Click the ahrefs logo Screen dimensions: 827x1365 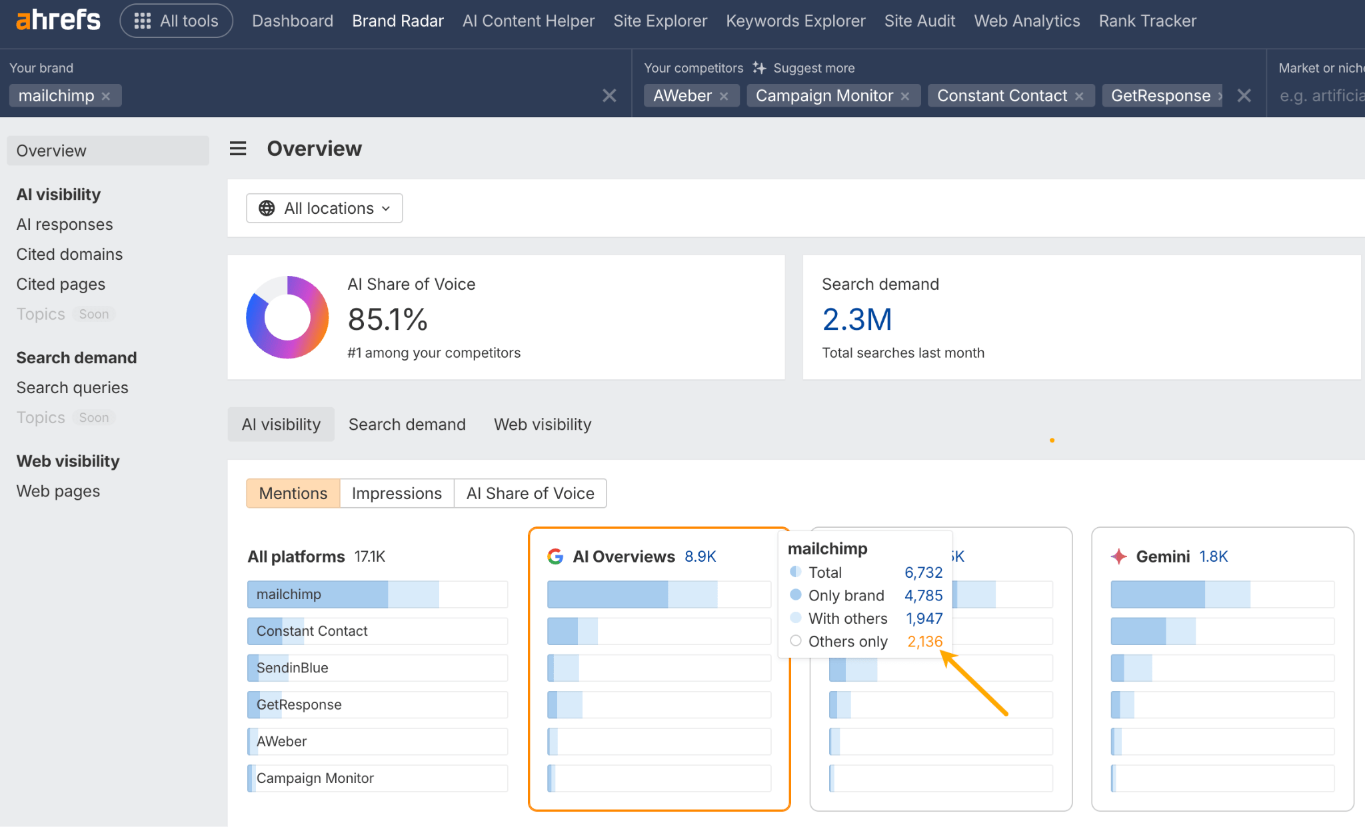coord(58,20)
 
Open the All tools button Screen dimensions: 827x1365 coord(176,21)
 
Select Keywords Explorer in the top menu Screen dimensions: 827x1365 coord(795,21)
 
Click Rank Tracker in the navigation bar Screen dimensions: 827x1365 coord(1147,21)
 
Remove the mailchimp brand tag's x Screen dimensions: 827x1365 coord(106,96)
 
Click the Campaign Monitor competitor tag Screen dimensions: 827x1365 coord(824,96)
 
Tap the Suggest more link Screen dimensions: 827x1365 coord(813,68)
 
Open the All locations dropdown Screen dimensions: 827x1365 coord(325,209)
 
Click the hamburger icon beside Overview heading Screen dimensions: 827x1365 coord(238,149)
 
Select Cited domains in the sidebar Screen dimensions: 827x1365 coord(69,254)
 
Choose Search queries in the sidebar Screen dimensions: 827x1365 coord(72,387)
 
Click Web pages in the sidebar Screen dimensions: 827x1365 coord(58,491)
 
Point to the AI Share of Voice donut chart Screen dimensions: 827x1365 coord(287,317)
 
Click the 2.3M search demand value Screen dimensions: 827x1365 coord(856,319)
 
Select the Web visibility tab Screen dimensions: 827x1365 coord(542,424)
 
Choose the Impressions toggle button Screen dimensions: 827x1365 coord(397,493)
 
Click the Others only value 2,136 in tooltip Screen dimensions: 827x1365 coord(924,641)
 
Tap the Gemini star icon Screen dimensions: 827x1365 coord(1119,556)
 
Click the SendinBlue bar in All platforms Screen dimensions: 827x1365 coord(377,668)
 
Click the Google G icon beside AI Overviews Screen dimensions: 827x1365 coord(555,556)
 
